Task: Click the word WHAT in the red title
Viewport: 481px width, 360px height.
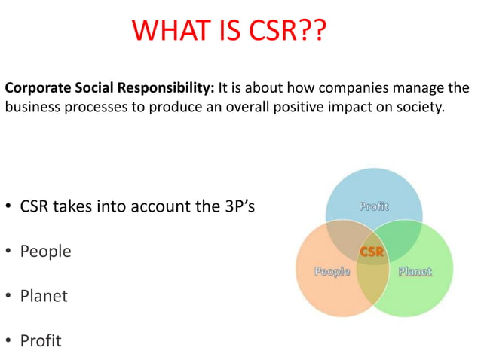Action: (x=169, y=30)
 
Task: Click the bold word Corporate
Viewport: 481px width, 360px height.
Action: (x=38, y=89)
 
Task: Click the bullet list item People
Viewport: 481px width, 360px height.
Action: (x=46, y=252)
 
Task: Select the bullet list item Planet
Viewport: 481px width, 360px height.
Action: (x=44, y=296)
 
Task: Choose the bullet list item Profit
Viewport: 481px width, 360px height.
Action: (x=41, y=340)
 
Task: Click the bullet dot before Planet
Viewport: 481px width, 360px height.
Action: (x=8, y=296)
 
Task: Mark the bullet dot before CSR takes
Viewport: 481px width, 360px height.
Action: (x=8, y=206)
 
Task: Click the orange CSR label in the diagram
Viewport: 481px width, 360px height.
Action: (x=372, y=252)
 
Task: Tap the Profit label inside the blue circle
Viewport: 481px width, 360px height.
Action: (x=374, y=206)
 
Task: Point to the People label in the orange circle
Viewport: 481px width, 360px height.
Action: (x=332, y=272)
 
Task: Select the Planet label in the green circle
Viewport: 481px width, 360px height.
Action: (x=415, y=271)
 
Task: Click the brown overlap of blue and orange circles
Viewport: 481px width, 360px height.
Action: (x=345, y=239)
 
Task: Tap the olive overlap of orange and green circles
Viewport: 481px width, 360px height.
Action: (x=373, y=282)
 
